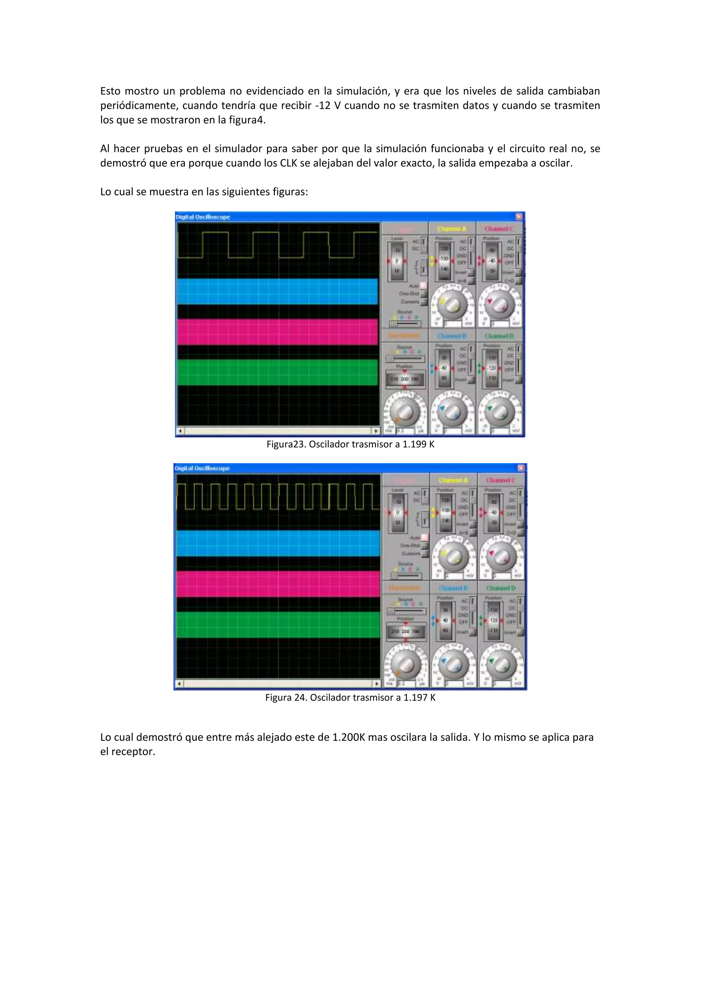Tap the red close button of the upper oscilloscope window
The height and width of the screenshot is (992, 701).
(x=519, y=216)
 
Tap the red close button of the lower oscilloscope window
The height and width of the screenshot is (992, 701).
(x=521, y=468)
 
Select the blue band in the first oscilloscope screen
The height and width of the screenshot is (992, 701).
(x=278, y=291)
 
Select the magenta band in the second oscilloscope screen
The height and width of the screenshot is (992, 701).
(x=278, y=584)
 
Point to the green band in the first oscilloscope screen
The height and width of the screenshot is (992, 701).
(x=278, y=372)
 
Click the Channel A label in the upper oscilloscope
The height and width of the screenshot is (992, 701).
(x=451, y=228)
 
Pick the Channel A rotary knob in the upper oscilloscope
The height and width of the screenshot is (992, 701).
(x=452, y=305)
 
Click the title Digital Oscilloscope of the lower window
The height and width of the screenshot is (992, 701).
(x=202, y=468)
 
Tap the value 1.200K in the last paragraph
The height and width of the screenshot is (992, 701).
(x=348, y=737)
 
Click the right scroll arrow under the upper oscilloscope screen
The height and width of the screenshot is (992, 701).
(x=376, y=431)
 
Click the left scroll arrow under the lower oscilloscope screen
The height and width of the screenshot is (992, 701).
(x=180, y=683)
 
